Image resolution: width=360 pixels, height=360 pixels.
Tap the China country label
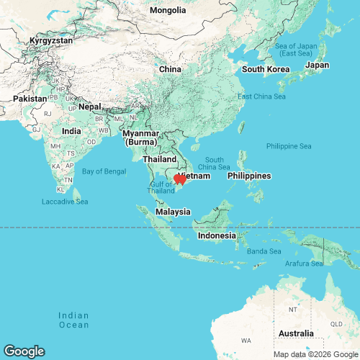(x=169, y=69)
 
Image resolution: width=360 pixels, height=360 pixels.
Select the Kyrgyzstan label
(x=51, y=41)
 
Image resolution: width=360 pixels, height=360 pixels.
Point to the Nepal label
(x=90, y=107)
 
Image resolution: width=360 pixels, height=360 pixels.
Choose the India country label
(x=71, y=131)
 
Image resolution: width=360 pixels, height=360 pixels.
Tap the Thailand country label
(x=160, y=158)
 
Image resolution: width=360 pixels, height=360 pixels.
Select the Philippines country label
(x=248, y=176)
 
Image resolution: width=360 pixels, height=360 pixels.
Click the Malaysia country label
(x=174, y=212)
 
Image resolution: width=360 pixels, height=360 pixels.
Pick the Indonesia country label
(x=217, y=236)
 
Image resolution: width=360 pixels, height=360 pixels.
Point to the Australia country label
(x=295, y=333)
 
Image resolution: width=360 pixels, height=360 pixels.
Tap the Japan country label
(x=317, y=65)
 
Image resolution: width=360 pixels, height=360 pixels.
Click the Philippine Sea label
(x=288, y=146)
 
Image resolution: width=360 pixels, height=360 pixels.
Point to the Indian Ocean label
(x=73, y=320)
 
